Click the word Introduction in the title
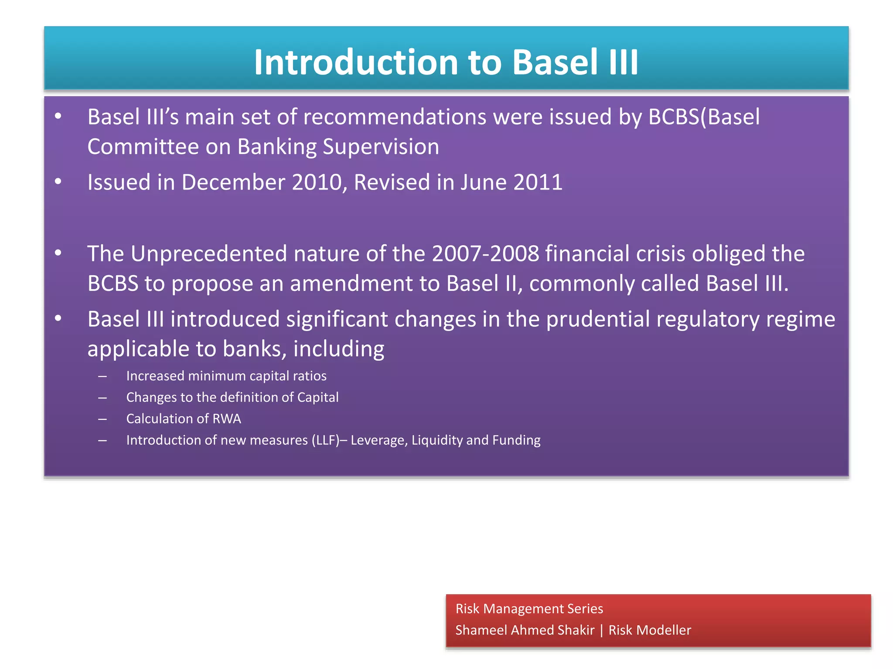[x=356, y=62]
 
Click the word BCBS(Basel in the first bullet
[x=704, y=117]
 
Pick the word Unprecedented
[x=208, y=254]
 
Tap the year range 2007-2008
[x=485, y=254]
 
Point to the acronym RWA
[x=226, y=419]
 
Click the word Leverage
[x=379, y=440]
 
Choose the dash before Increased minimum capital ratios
[x=102, y=376]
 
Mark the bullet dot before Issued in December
[x=58, y=182]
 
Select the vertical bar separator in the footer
[x=601, y=630]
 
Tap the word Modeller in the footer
[x=666, y=630]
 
